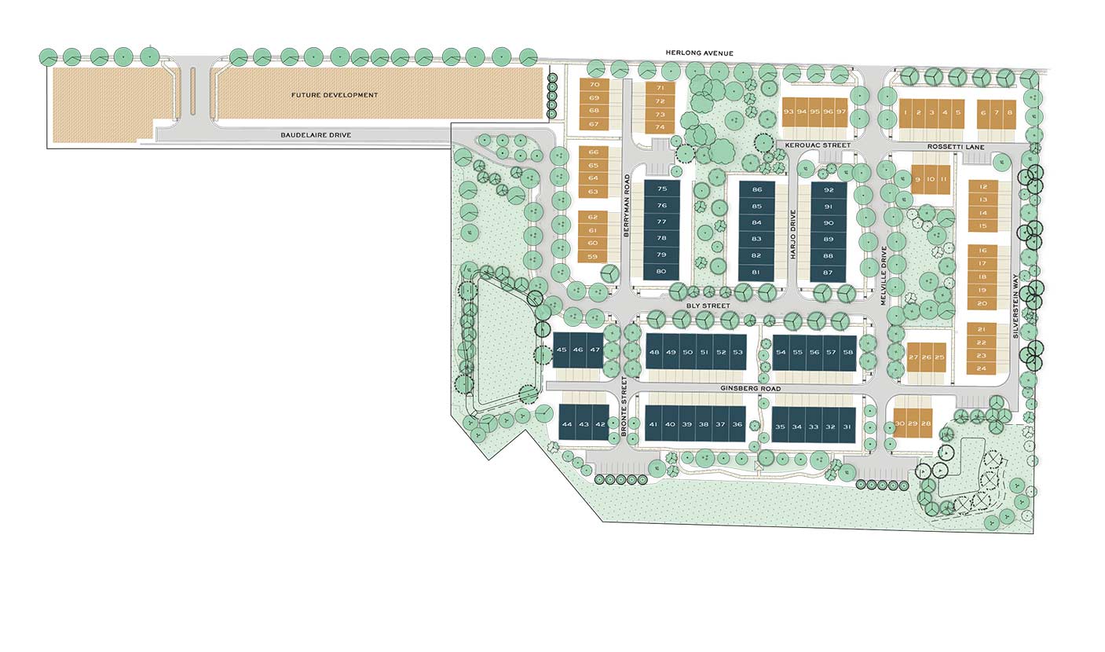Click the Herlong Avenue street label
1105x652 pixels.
(699, 53)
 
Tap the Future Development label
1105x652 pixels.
(335, 95)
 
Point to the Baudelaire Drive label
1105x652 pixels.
(316, 135)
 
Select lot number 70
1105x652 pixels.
(594, 85)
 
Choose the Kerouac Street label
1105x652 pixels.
(813, 146)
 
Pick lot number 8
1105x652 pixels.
(1010, 113)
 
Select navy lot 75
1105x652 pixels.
(662, 189)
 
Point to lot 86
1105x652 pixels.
(756, 189)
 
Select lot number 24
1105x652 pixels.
(982, 368)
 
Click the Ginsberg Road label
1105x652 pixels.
(750, 389)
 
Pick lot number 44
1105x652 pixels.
(567, 425)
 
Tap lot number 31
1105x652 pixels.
(846, 427)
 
